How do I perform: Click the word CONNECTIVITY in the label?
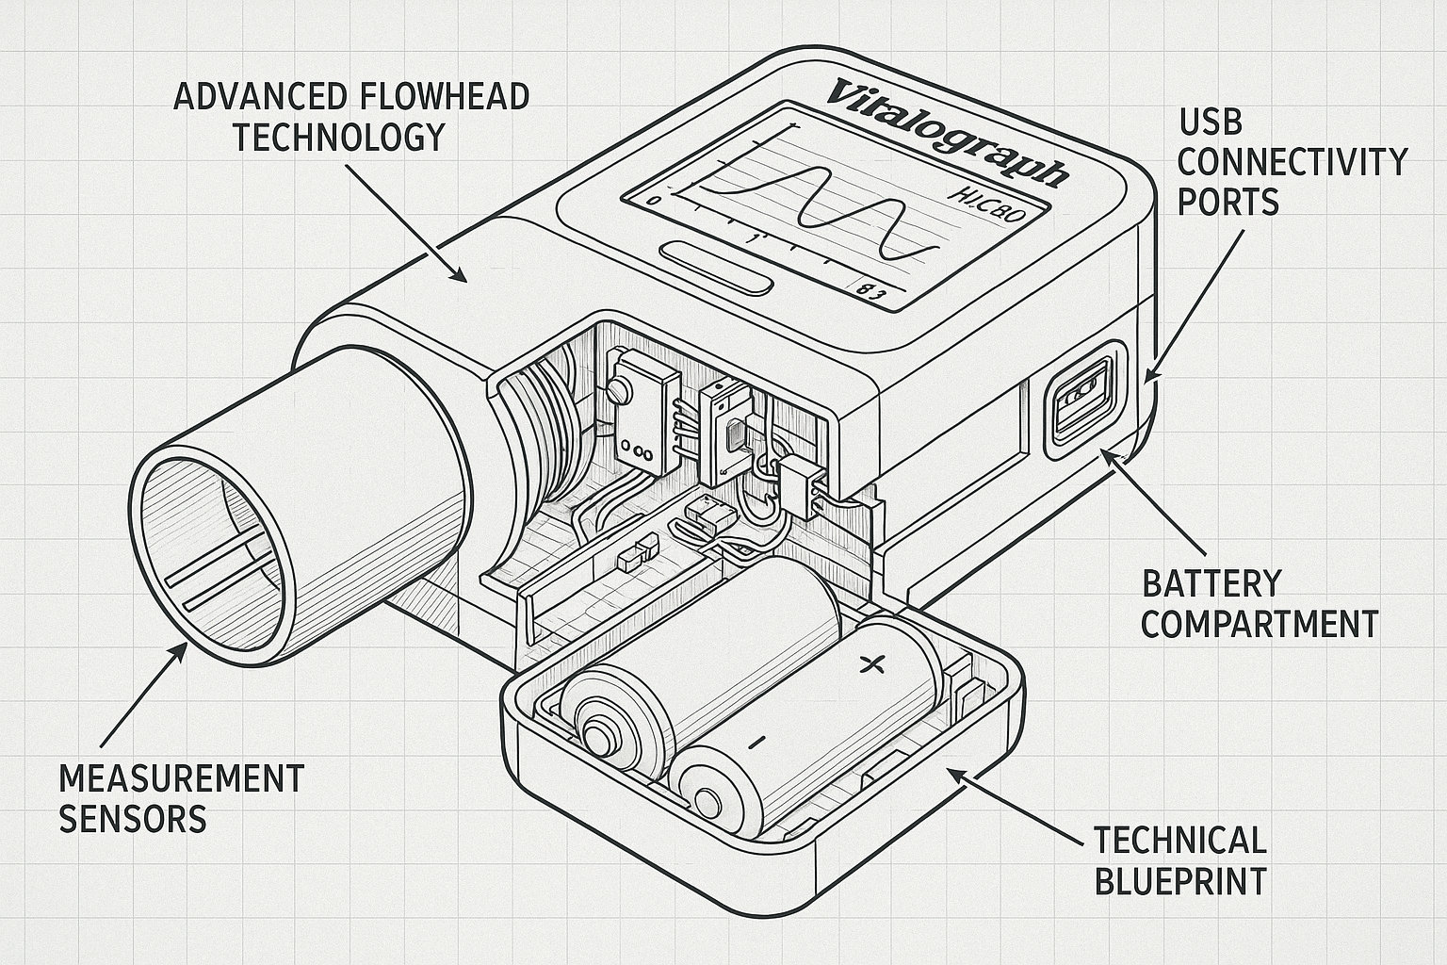(x=1292, y=161)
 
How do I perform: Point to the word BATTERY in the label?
(x=1211, y=583)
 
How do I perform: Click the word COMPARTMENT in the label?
(x=1260, y=624)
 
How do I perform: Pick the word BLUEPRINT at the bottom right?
(x=1179, y=881)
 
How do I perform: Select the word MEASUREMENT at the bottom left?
(x=182, y=778)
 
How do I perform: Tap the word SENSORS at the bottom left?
(x=133, y=819)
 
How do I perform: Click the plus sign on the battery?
(x=873, y=664)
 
